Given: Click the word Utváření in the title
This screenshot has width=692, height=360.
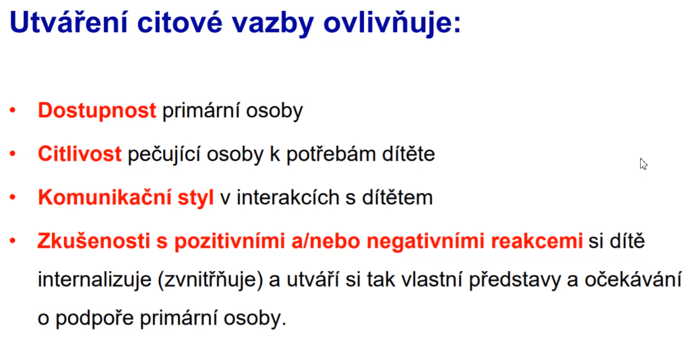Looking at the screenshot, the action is [x=69, y=22].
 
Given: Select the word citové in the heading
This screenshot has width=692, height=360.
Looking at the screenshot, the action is [x=180, y=22].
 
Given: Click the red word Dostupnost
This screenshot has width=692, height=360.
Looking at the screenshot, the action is [x=97, y=111].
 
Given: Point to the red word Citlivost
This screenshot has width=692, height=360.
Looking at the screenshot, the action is [x=80, y=154].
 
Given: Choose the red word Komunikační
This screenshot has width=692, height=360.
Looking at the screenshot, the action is [x=104, y=197].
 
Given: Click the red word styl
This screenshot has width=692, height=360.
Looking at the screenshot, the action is [x=195, y=198].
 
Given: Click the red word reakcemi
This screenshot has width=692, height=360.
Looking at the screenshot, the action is [x=536, y=241].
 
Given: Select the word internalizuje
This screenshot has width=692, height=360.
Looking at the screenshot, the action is [x=94, y=280].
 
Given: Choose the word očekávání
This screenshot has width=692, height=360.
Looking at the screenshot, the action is [x=633, y=279].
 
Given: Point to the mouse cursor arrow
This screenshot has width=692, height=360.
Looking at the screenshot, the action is [x=643, y=164].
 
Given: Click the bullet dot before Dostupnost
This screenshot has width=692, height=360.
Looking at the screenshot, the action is [x=13, y=110].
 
